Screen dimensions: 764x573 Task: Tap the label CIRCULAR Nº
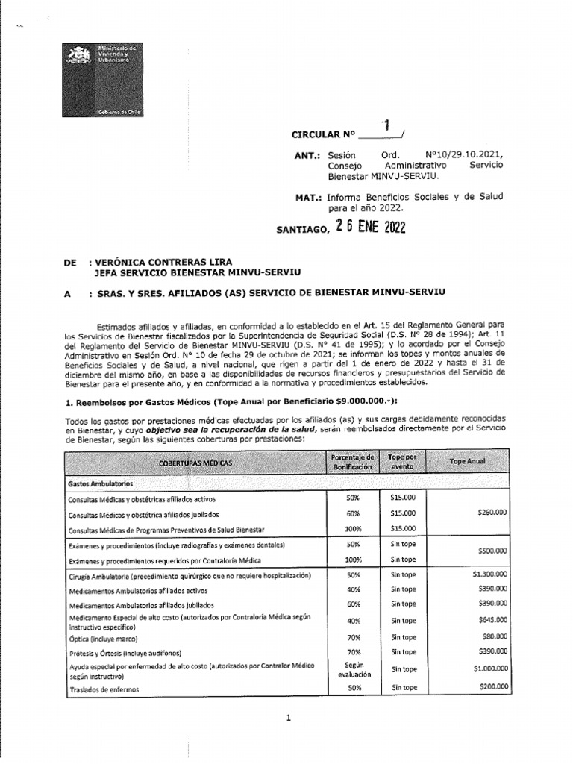click(325, 135)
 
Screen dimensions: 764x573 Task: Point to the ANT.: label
click(308, 156)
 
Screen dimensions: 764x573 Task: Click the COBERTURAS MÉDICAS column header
click(195, 463)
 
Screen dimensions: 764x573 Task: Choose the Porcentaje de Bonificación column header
click(353, 461)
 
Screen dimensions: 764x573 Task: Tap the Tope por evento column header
click(404, 461)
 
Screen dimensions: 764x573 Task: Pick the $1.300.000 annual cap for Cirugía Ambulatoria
click(489, 574)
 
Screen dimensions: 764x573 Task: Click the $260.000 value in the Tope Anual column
click(492, 513)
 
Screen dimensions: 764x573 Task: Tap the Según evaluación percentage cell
click(353, 668)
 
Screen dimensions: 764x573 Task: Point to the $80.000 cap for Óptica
click(494, 636)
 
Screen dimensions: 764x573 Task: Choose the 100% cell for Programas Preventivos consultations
click(353, 528)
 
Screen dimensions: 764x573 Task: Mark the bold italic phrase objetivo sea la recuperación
click(210, 430)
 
